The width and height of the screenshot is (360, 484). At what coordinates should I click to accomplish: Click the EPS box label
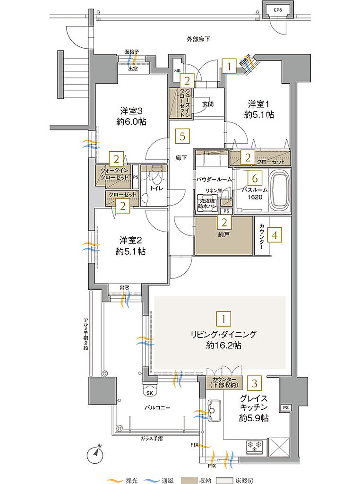(x=277, y=10)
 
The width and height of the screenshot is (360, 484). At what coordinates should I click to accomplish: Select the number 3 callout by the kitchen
(x=255, y=383)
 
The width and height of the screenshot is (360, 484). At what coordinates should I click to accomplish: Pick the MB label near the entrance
(x=178, y=71)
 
